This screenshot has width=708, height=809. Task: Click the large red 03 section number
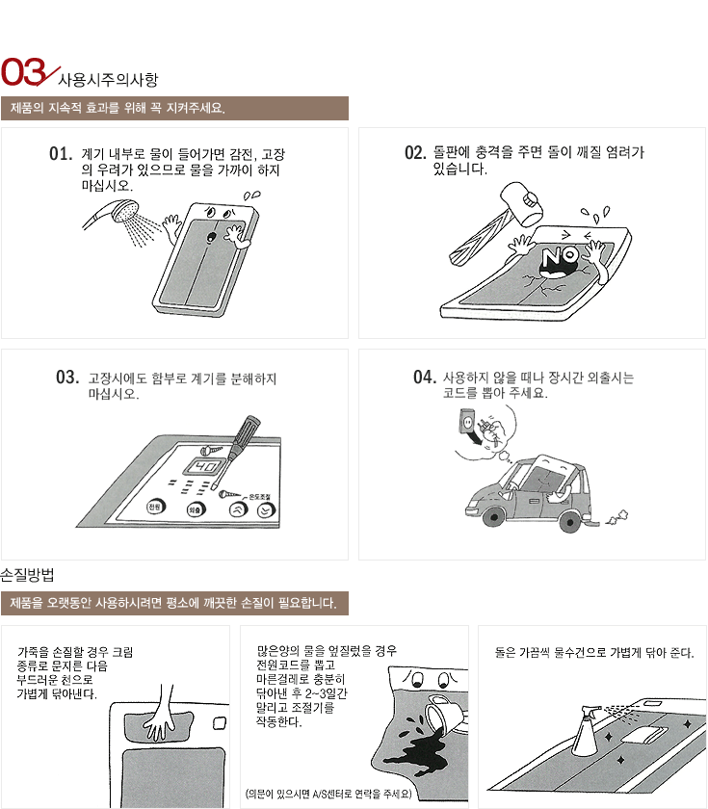(24, 71)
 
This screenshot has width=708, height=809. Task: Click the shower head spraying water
(125, 211)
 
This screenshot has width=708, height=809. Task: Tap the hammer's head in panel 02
(522, 203)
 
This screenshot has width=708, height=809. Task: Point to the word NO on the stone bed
(560, 256)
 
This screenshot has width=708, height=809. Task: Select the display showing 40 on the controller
(206, 467)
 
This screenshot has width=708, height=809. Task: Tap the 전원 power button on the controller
(155, 507)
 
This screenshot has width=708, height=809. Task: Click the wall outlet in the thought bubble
(467, 422)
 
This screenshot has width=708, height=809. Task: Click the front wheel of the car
(494, 515)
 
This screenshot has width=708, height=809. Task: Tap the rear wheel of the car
(570, 521)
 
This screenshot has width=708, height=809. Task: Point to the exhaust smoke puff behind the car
(617, 517)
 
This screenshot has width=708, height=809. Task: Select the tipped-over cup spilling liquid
(444, 713)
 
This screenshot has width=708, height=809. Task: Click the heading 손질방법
(27, 575)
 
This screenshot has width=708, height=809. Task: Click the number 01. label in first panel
(61, 154)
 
